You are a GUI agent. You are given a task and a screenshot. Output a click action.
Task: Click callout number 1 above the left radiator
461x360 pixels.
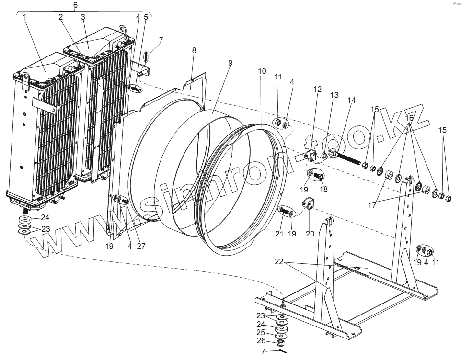click(x=24, y=17)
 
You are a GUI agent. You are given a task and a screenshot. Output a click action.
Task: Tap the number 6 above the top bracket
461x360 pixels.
click(x=75, y=5)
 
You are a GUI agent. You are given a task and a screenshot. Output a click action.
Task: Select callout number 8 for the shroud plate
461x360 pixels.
click(x=194, y=50)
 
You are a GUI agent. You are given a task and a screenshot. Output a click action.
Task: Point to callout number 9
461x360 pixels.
click(x=230, y=63)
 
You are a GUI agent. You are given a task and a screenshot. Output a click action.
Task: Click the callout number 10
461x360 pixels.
click(x=262, y=71)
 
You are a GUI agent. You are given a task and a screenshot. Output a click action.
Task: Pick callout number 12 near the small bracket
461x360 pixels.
click(x=318, y=90)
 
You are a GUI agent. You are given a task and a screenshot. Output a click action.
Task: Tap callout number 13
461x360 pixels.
click(x=334, y=95)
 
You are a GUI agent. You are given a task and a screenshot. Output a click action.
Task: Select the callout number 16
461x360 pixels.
click(x=409, y=117)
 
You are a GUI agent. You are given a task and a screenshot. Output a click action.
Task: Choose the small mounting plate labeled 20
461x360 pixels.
click(x=308, y=205)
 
